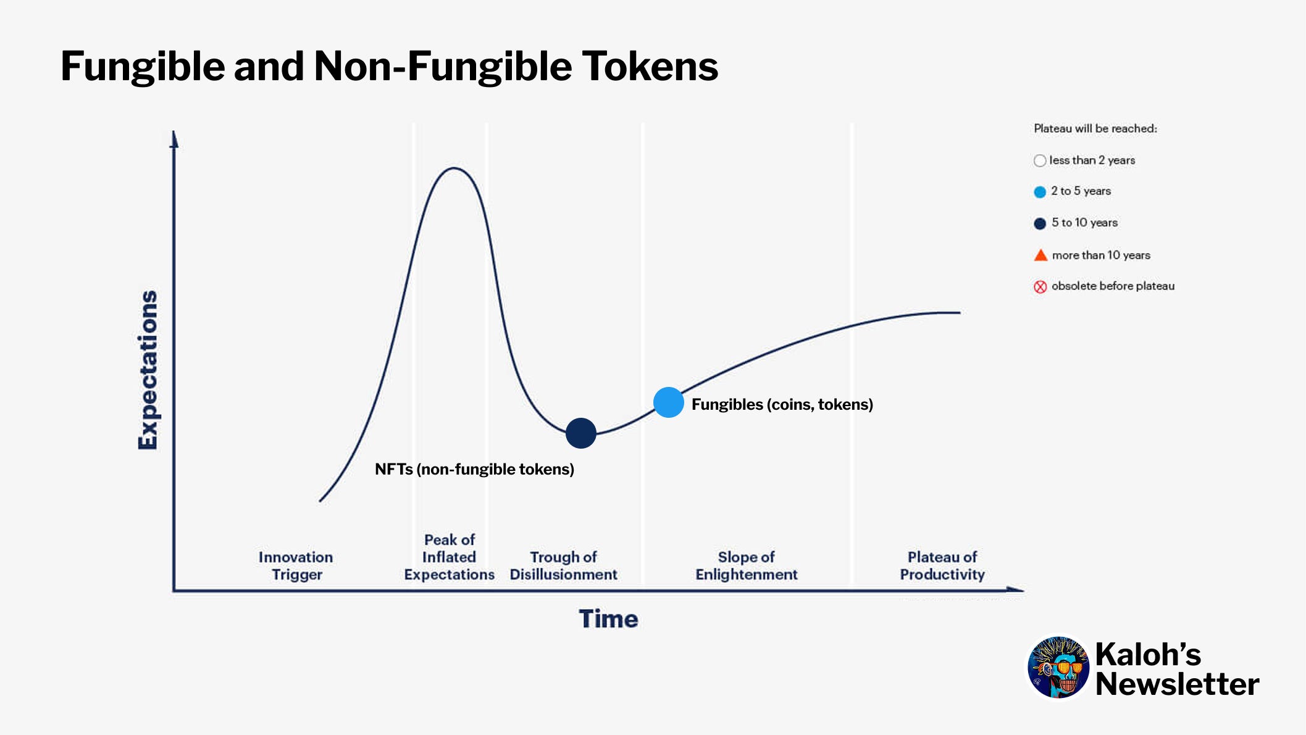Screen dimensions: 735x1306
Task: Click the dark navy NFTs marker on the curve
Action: [581, 433]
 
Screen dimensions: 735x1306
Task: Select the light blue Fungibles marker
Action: [668, 402]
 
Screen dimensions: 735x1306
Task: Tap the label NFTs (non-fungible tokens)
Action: [474, 469]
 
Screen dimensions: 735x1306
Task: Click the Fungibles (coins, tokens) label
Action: [782, 404]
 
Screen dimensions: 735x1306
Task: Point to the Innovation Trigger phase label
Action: [296, 565]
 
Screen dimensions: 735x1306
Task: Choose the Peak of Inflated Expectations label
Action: [449, 557]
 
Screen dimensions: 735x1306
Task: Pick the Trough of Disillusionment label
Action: [563, 565]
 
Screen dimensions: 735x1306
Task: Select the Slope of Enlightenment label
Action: [746, 565]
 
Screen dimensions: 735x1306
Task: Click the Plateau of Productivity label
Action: [942, 565]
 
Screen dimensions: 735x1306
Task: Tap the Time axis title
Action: [608, 618]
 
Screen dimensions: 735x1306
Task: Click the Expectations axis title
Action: [148, 370]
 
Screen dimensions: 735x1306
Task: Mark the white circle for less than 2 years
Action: [1040, 160]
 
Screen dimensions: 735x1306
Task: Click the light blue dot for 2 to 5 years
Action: [1040, 192]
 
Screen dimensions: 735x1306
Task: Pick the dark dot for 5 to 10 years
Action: [1040, 223]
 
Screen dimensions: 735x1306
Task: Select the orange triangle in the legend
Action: [1040, 255]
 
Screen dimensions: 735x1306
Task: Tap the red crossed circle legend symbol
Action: [1040, 286]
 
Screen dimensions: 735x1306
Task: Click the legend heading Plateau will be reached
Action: [1095, 128]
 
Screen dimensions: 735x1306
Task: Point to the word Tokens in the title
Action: [650, 66]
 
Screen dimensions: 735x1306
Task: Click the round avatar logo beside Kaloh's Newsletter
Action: [1058, 667]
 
